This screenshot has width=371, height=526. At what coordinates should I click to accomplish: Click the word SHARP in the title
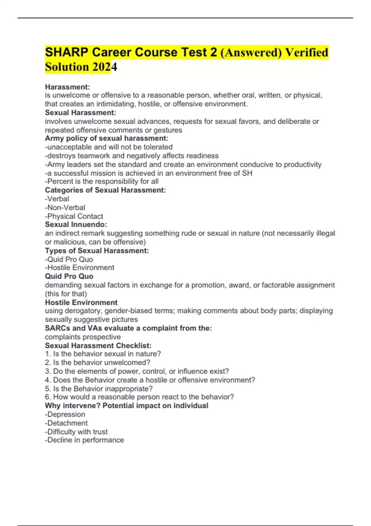[66, 52]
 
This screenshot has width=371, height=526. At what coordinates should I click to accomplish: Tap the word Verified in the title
[306, 52]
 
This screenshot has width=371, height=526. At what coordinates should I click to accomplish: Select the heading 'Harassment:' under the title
[67, 87]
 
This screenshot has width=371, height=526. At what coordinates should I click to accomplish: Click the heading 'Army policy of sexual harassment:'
[107, 138]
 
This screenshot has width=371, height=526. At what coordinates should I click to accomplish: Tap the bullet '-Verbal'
[57, 199]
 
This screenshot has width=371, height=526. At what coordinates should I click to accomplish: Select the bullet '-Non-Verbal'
[65, 207]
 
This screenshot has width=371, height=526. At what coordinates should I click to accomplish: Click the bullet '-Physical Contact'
[74, 216]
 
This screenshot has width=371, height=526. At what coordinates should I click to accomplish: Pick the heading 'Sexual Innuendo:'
[76, 224]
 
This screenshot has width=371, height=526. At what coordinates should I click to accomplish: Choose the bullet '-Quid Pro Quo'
[69, 259]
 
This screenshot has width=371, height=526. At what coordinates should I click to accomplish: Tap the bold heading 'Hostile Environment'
[81, 302]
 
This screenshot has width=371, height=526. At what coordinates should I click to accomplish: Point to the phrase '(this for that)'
[66, 294]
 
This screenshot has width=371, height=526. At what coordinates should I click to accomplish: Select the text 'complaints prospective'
[83, 337]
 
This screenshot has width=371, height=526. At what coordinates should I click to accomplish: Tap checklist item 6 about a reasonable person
[139, 397]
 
